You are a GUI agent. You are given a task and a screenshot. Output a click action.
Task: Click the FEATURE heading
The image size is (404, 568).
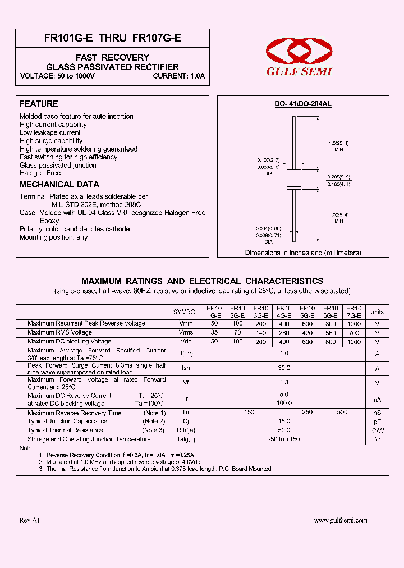pyautogui.click(x=39, y=104)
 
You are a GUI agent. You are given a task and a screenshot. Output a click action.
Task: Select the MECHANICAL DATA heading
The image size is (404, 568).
pyautogui.click(x=59, y=185)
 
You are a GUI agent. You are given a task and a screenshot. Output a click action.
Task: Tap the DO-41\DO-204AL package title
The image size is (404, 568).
pyautogui.click(x=302, y=104)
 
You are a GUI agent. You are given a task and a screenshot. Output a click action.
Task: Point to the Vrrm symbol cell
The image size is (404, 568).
pyautogui.click(x=186, y=324)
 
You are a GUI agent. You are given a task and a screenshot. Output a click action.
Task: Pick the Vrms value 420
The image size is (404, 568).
pyautogui.click(x=307, y=333)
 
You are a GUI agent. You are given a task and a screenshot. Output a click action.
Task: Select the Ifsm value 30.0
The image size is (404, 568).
pyautogui.click(x=284, y=368)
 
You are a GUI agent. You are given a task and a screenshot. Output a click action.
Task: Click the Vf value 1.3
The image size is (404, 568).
pyautogui.click(x=284, y=382)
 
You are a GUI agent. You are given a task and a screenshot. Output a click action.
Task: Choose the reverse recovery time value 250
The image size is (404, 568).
pyautogui.click(x=307, y=412)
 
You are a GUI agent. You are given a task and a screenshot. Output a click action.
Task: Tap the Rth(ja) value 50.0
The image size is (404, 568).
pyautogui.click(x=284, y=430)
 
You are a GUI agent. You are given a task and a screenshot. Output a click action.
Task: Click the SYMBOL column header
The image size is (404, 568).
pyautogui.click(x=186, y=312)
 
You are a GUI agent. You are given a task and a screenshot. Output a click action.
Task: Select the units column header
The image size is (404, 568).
pyautogui.click(x=377, y=312)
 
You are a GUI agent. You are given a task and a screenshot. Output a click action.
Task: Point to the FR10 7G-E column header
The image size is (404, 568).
pyautogui.click(x=353, y=312)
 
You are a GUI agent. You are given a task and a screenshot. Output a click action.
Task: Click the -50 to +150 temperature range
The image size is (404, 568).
pyautogui.click(x=284, y=439)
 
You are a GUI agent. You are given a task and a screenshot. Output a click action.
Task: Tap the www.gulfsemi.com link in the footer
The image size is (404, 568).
pyautogui.click(x=340, y=520)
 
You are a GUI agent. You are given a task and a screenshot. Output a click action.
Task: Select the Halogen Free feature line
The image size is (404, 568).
pyautogui.click(x=40, y=173)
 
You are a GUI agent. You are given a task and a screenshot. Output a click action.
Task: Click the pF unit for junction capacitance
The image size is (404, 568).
pyautogui.click(x=377, y=421)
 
